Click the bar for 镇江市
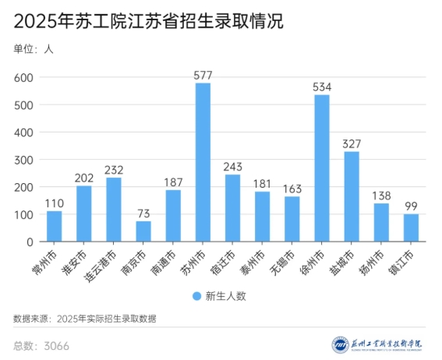point(411,228)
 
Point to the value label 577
point(203,75)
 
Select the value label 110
point(54,203)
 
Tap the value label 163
point(292,189)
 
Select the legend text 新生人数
point(225,296)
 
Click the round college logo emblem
point(340,344)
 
